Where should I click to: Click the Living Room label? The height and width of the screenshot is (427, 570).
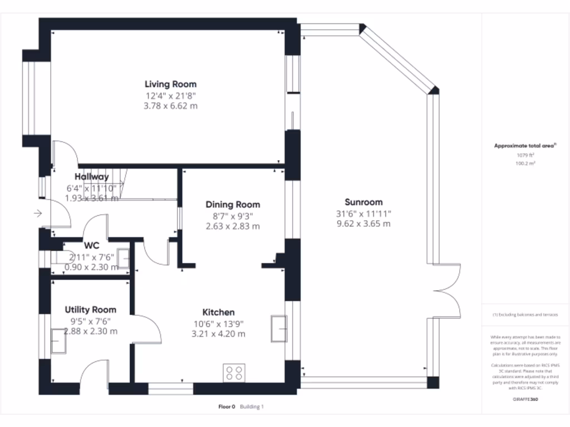pos(170,85)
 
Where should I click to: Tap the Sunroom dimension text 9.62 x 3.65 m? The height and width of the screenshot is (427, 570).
pos(363,224)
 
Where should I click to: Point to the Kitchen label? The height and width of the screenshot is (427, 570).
pos(218,312)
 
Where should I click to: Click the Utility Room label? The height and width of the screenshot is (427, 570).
pos(90,310)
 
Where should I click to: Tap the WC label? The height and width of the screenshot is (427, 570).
pos(91,245)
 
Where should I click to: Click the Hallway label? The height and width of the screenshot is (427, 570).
pos(92,177)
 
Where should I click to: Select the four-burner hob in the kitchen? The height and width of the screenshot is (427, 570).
pos(234,372)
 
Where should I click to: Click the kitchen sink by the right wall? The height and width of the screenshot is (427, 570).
pos(278,327)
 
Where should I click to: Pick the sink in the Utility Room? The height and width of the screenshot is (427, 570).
pos(58,340)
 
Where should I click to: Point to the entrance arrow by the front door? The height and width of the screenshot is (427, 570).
pos(38,213)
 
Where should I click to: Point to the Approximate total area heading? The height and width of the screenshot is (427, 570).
pos(525,146)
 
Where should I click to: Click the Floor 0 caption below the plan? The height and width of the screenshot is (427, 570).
pos(227,407)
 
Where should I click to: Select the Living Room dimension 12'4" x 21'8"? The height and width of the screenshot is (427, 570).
pos(170,95)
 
